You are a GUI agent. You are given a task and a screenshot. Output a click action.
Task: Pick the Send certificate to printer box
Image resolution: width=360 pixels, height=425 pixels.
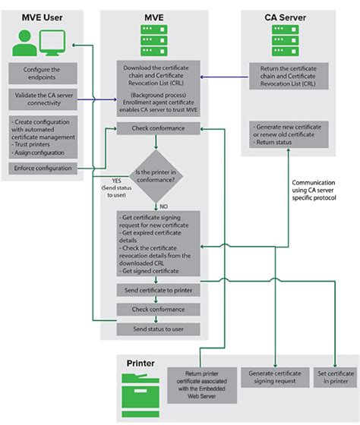(x=158, y=291)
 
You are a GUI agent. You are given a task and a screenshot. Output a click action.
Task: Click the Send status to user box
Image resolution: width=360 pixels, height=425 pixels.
(x=158, y=329)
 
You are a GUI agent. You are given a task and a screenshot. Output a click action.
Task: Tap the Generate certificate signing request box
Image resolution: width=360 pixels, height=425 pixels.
(x=273, y=377)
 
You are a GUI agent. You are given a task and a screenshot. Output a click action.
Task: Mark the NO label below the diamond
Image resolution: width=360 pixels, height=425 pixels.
(x=164, y=206)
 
